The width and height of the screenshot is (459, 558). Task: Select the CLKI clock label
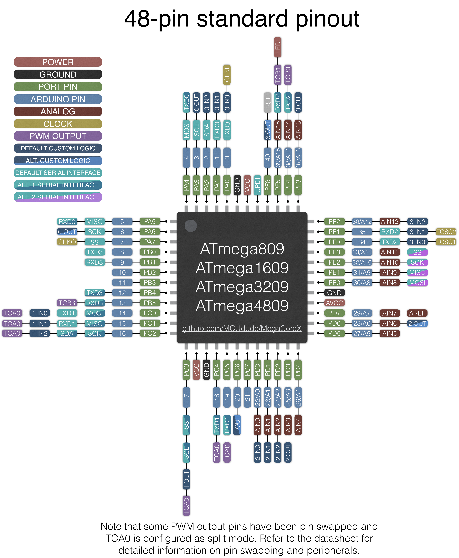[x=227, y=75]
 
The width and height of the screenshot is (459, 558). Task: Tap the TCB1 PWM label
[x=278, y=75]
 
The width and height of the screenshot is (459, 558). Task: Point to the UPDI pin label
[x=257, y=185]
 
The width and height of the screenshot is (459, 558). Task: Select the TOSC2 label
[x=446, y=232]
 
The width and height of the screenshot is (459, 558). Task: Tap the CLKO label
[x=67, y=242]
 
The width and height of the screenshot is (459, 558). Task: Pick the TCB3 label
[x=67, y=303]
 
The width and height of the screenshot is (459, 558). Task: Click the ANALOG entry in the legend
[x=58, y=111]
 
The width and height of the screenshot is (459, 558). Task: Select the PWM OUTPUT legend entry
[x=58, y=136]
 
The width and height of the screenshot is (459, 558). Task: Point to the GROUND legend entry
[x=58, y=74]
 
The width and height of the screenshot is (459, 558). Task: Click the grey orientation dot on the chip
[x=191, y=226]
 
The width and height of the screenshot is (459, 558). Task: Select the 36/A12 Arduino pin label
[x=362, y=221]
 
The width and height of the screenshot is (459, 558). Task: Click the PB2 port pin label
[x=150, y=272]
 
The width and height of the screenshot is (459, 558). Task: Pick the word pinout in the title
[x=327, y=19]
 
